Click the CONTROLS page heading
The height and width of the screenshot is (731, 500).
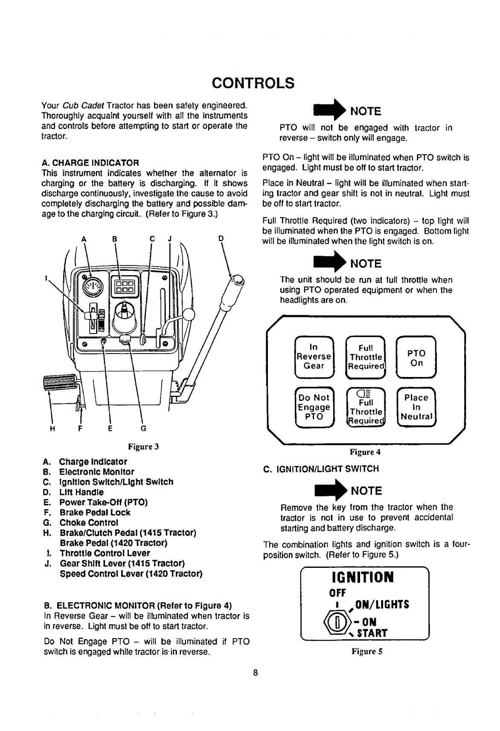[x=253, y=83]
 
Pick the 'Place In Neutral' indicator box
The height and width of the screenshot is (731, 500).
[x=416, y=407]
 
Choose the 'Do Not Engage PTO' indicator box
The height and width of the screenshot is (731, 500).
[x=314, y=407]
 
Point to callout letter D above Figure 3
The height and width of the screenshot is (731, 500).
[x=221, y=239]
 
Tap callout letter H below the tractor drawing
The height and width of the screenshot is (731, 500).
[x=52, y=429]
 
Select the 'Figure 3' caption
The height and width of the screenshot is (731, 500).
[x=143, y=446]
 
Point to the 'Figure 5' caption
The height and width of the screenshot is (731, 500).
[x=367, y=651]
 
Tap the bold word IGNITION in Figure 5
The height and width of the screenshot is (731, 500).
[x=363, y=577]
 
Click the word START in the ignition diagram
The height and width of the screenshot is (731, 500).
[x=372, y=633]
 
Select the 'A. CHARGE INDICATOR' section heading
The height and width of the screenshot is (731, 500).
[x=90, y=163]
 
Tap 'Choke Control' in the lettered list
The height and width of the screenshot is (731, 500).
[x=89, y=523]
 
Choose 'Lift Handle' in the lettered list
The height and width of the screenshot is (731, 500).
[x=81, y=492]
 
